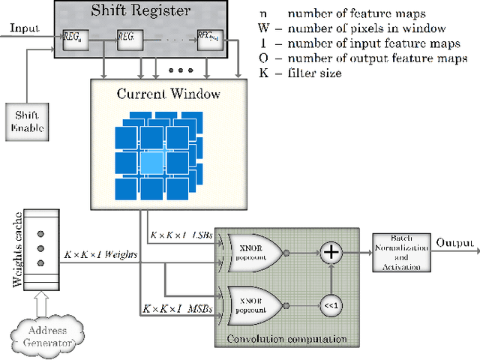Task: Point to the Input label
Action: click(24, 28)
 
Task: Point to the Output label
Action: click(455, 241)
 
